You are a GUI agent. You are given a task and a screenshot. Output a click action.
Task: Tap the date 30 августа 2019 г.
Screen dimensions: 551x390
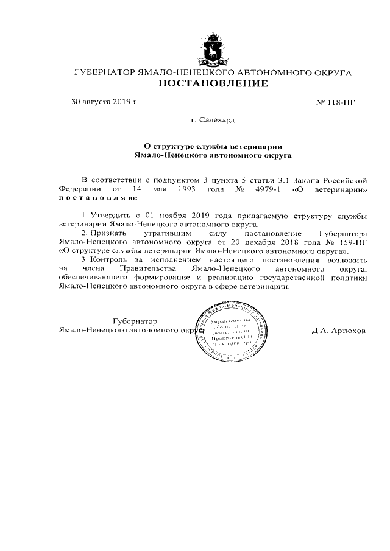coord(105,101)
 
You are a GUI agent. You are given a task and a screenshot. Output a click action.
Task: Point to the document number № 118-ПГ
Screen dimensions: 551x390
coord(335,102)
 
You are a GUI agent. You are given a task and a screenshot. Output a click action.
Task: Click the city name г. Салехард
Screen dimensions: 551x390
coord(213,121)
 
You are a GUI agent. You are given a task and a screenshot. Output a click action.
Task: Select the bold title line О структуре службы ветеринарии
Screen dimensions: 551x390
coord(213,146)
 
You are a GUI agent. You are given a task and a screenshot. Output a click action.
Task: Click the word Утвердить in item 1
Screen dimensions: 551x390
coord(110,216)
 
